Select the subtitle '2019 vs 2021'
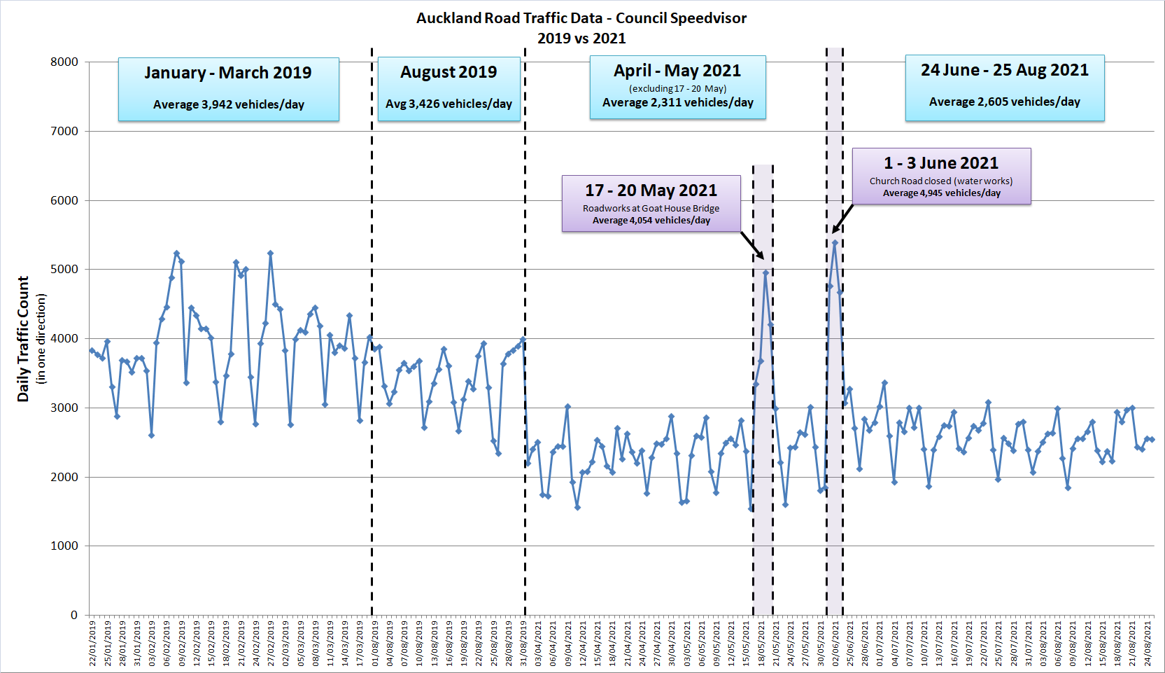tap(581, 39)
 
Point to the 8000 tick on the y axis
tap(64, 62)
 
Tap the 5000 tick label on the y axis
tap(64, 269)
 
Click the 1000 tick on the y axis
tap(64, 546)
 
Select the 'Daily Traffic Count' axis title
tap(24, 339)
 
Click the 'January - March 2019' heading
tap(228, 73)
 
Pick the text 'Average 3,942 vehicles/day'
tap(228, 104)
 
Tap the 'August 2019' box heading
tap(449, 72)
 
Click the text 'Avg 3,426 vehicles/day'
tap(449, 104)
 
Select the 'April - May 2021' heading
tap(677, 71)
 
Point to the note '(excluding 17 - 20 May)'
tap(677, 88)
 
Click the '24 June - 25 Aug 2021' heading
tap(1004, 70)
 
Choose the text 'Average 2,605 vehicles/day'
tap(1004, 102)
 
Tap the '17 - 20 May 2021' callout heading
tap(651, 190)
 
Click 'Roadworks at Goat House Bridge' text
tap(651, 208)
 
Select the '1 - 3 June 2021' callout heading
tap(940, 163)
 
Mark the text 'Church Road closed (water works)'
tap(940, 181)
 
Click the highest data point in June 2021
tap(835, 243)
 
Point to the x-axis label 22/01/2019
tap(92, 643)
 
